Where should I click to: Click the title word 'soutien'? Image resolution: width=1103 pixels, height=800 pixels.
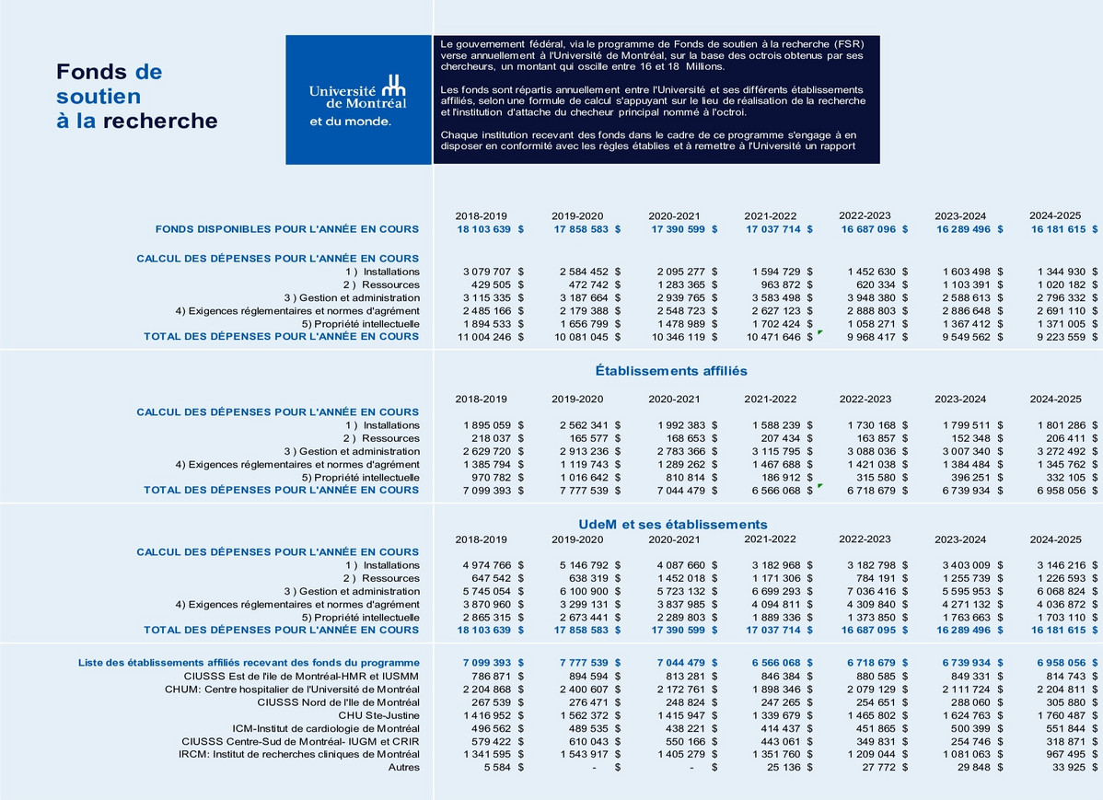tap(99, 97)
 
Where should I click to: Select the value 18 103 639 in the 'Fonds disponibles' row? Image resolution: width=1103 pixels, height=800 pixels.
tap(483, 229)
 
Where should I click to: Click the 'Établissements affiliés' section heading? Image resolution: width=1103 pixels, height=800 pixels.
tap(671, 371)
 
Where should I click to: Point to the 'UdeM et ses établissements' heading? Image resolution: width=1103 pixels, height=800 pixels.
tap(672, 524)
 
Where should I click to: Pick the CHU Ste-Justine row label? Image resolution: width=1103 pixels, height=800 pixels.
tap(378, 715)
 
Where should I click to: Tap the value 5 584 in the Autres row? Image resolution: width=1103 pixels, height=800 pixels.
tap(497, 767)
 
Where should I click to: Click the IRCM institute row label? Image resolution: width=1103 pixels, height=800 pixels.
tap(299, 754)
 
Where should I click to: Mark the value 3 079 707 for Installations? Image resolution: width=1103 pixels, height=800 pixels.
tap(486, 272)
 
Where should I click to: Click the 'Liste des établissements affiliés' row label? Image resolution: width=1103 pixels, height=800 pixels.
tap(249, 663)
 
